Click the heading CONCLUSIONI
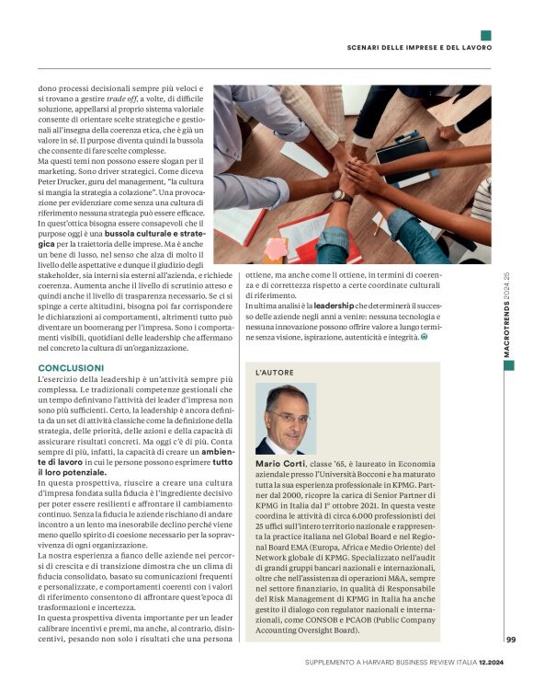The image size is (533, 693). [x=70, y=367]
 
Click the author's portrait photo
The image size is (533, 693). [x=286, y=419]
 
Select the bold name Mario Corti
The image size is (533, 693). [x=280, y=465]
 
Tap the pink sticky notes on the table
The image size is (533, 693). [x=275, y=249]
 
